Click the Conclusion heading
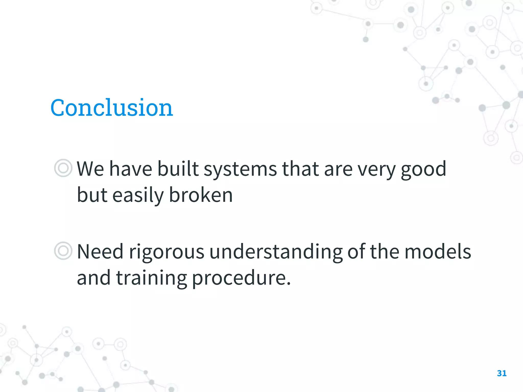click(112, 108)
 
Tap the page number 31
click(502, 373)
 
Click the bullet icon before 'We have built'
click(63, 168)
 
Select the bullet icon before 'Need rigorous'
click(63, 251)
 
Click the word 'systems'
click(240, 169)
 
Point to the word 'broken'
click(201, 195)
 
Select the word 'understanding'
click(276, 252)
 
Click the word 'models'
click(438, 252)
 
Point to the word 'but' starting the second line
click(92, 195)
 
